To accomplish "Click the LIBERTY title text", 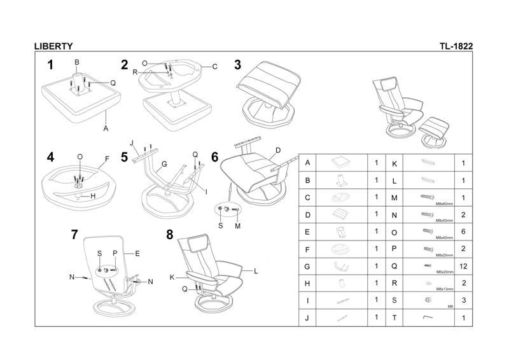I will [x=53, y=46].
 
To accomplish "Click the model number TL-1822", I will [x=456, y=46].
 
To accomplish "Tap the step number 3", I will [x=237, y=65].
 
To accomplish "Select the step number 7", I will [x=76, y=235].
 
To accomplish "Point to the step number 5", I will [x=125, y=156].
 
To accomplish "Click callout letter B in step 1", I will [x=77, y=62].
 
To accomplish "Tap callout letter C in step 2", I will [x=215, y=66].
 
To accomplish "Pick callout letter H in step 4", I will [x=93, y=196].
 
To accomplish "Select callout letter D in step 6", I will [x=277, y=150].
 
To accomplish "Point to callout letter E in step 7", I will [x=137, y=253].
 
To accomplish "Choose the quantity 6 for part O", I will [x=463, y=232].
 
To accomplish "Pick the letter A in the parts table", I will [x=308, y=163].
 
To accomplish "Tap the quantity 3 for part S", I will [x=463, y=301].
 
